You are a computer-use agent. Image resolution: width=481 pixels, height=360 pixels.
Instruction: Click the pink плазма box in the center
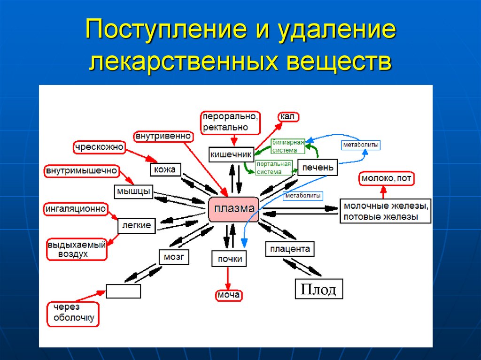233,209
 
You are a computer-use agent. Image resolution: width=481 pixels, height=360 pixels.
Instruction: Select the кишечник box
231,154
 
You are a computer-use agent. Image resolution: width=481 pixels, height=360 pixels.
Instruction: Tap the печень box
318,168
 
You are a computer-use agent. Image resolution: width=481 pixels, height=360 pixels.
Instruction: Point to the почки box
229,259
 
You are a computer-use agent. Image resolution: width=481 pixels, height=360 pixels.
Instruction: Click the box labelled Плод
318,289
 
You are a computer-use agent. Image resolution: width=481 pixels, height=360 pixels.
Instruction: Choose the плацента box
290,249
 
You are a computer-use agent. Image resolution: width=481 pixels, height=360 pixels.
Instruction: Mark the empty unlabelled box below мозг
123,291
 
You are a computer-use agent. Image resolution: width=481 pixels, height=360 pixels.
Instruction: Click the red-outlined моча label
229,295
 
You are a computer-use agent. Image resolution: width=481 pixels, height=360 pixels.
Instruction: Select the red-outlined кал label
287,116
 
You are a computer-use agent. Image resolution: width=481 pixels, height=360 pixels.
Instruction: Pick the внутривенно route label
163,137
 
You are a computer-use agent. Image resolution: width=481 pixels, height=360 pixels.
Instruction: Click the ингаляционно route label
76,208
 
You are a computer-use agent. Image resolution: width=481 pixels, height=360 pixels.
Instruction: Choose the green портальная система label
273,168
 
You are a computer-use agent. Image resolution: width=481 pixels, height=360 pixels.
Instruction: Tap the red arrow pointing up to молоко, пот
384,191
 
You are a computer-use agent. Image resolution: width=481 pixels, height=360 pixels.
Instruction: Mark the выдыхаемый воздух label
77,249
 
